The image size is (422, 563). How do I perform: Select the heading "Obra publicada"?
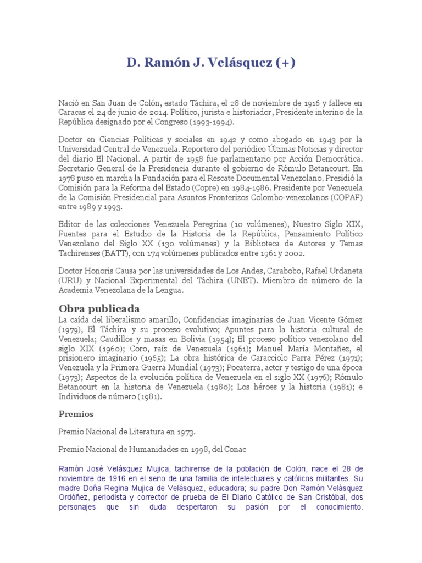click(x=99, y=308)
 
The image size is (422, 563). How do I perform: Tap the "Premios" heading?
click(x=76, y=413)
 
